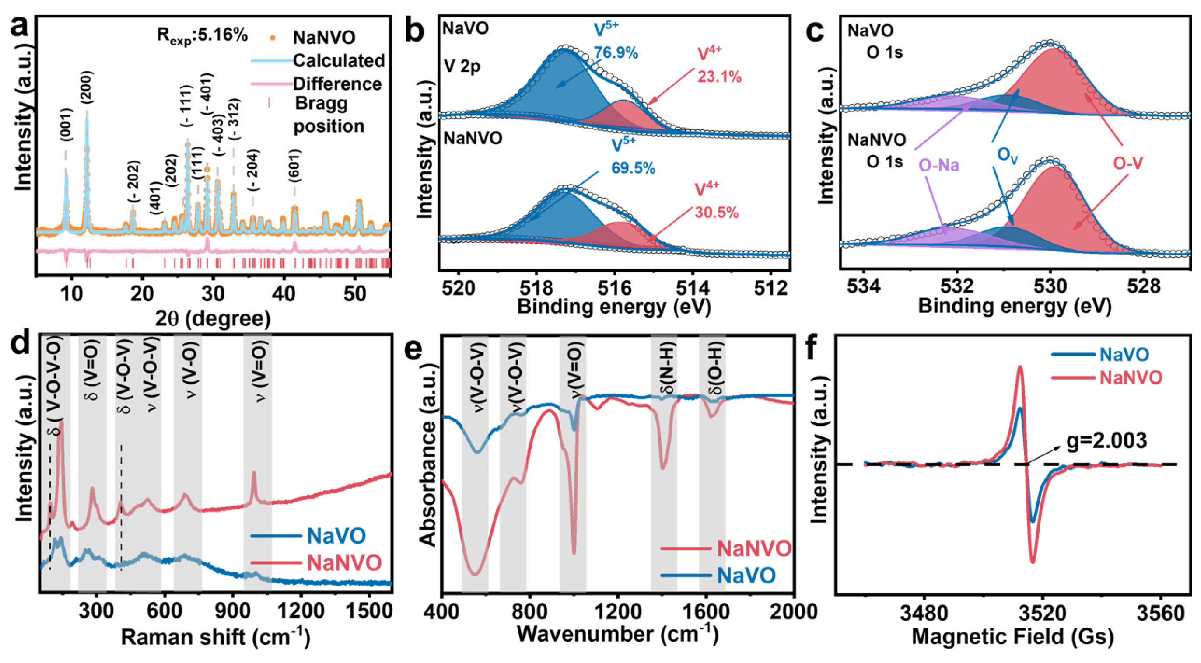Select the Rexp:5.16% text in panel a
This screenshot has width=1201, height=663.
[x=202, y=36]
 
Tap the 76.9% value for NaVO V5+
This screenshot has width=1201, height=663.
[x=616, y=53]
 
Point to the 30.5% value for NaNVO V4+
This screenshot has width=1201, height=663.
[x=717, y=213]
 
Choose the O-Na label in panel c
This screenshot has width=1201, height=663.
[x=939, y=164]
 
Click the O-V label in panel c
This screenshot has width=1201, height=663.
[x=1128, y=163]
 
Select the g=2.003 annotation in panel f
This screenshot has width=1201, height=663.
[x=1107, y=440]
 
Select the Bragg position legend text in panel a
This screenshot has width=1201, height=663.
[x=328, y=115]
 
